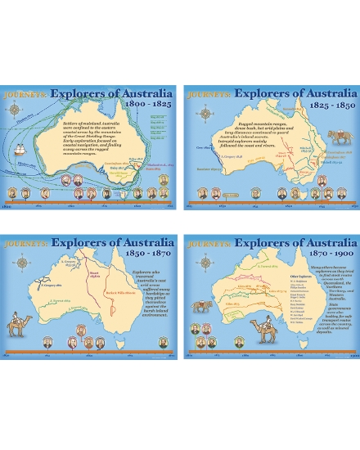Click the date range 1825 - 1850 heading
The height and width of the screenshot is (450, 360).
click(x=328, y=106)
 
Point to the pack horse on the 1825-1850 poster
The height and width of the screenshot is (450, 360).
click(x=337, y=137)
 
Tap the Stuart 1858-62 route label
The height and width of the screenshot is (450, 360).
click(x=93, y=275)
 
